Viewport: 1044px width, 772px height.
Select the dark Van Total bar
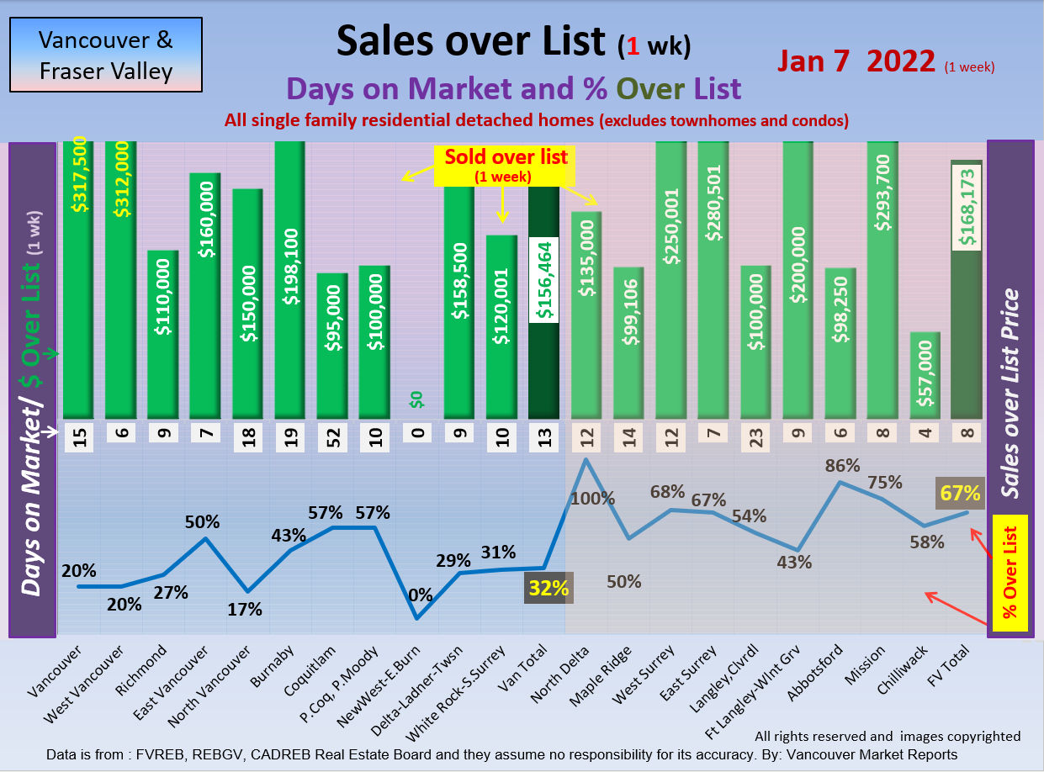click(543, 303)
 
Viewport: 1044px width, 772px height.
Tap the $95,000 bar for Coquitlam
click(331, 345)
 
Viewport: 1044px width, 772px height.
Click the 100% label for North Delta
click(593, 498)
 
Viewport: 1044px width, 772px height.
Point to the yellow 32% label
click(548, 587)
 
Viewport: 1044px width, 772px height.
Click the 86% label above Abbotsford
click(843, 465)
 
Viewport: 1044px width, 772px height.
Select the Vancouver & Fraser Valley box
click(106, 55)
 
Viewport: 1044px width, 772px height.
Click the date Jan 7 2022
click(856, 61)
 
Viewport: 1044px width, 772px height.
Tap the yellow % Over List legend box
click(1010, 573)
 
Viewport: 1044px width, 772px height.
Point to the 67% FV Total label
click(960, 494)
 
